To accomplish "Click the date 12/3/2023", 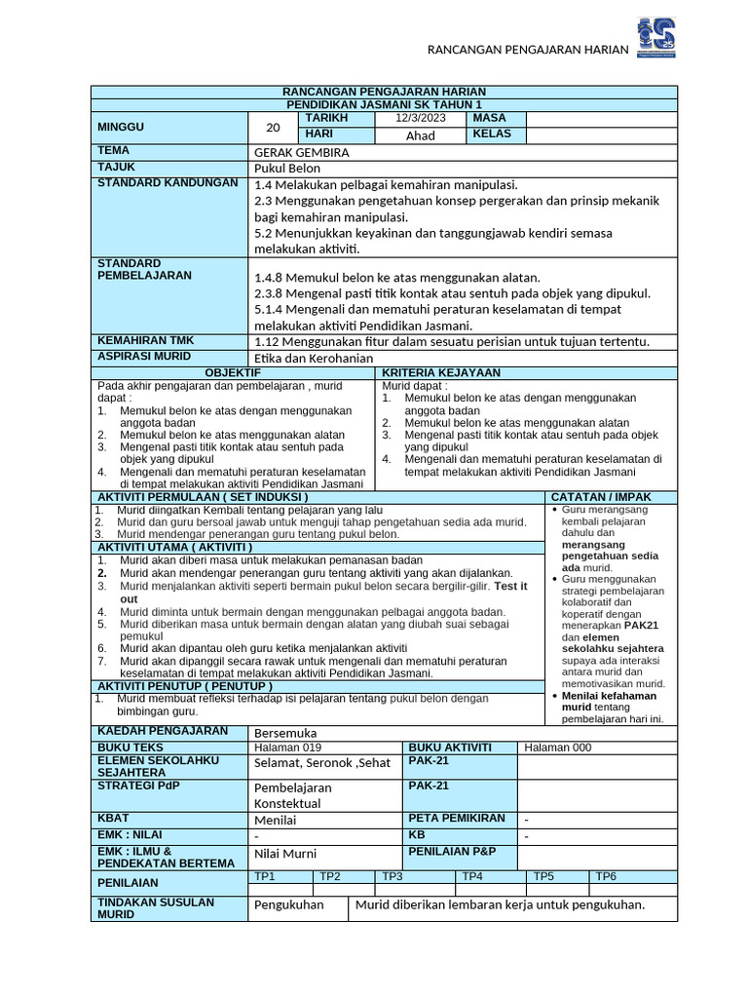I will (x=420, y=118).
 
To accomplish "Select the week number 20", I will (x=273, y=127).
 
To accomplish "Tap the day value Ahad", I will (x=420, y=135).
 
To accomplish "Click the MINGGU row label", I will (x=121, y=127).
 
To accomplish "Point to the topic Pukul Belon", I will (x=287, y=168).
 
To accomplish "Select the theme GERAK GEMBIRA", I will (x=301, y=152).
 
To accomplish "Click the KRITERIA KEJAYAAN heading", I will (x=441, y=373).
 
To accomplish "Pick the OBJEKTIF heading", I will (x=234, y=373).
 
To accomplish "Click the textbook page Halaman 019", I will (x=285, y=748).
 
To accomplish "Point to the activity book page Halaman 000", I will (x=557, y=748).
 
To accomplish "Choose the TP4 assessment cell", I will (x=472, y=876).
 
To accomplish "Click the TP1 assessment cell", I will (x=265, y=876).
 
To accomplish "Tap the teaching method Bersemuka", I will (x=285, y=732).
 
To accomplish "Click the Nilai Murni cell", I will (x=284, y=854).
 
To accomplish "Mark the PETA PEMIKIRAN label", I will (x=457, y=818).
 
